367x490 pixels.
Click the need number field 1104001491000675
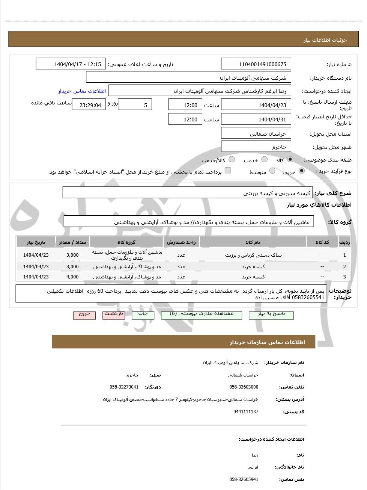[256, 64]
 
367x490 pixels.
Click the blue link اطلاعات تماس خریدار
[82, 91]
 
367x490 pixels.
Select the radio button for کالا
[290, 160]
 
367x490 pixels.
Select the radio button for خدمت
[264, 160]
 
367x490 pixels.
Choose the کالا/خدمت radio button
[232, 160]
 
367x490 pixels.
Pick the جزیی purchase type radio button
[301, 171]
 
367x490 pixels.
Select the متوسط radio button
[272, 171]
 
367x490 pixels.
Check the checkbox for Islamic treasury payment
[228, 171]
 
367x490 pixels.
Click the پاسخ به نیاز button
[271, 315]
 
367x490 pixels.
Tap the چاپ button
[143, 315]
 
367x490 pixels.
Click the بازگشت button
[114, 315]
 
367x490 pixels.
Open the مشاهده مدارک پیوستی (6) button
[202, 315]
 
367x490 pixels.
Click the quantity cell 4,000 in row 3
[72, 277]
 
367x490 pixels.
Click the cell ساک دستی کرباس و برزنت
[253, 255]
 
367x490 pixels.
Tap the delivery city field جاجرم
[256, 147]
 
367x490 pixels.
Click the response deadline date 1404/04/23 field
[256, 105]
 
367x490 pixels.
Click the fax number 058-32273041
[124, 387]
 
